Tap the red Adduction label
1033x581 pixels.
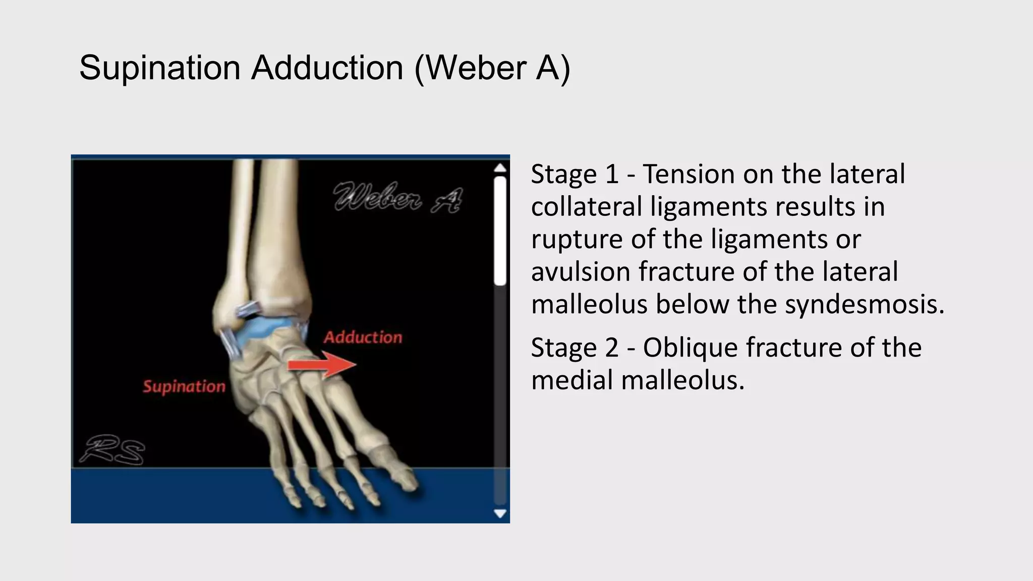tap(363, 337)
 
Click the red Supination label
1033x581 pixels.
tap(184, 387)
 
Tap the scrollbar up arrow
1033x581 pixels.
tap(500, 168)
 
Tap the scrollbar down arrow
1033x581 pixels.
tap(500, 513)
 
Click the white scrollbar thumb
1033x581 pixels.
tap(500, 231)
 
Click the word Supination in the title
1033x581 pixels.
tap(159, 68)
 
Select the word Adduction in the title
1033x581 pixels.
tap(327, 68)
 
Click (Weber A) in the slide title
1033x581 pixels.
tap(492, 68)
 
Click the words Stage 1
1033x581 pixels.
tap(575, 174)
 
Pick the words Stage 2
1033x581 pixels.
tap(575, 347)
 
